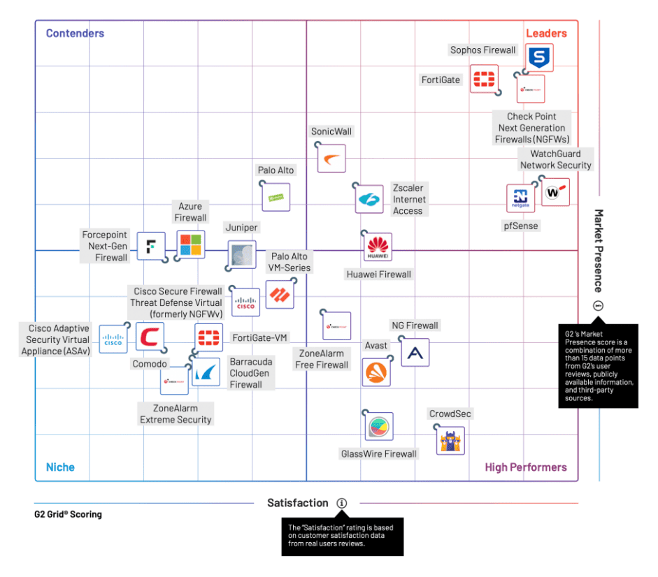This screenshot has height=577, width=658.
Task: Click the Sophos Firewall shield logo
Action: coord(539,57)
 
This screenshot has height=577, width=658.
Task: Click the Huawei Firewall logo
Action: coord(378,247)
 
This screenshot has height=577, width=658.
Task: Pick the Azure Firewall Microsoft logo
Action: coord(190,244)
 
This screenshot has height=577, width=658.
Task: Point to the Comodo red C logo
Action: coord(150,337)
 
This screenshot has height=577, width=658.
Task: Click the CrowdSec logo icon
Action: coord(450,441)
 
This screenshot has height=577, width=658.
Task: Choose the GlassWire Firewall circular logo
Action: coord(379,426)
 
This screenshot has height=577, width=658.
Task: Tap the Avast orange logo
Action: coord(377,372)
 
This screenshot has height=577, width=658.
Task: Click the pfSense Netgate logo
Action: coord(520,198)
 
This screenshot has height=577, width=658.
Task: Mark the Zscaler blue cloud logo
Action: coord(369,199)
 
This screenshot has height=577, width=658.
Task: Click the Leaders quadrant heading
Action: coord(546,33)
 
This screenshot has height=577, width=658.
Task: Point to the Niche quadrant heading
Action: coord(60,467)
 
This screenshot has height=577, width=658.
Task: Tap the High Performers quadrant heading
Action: coord(526,467)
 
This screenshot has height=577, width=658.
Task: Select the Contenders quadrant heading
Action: coord(75,33)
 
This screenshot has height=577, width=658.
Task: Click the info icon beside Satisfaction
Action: coord(341,503)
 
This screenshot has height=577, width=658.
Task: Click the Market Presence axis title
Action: coord(599,250)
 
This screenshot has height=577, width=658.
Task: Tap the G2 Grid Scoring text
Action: coord(69,514)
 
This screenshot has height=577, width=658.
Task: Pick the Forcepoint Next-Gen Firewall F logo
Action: coord(150,246)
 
